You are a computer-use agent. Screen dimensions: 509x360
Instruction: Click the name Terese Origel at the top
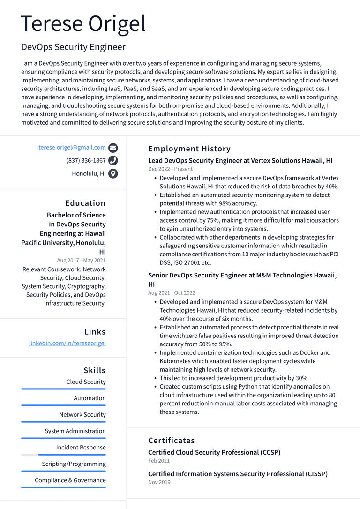click(x=83, y=23)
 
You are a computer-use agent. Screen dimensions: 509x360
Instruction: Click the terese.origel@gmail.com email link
click(x=72, y=147)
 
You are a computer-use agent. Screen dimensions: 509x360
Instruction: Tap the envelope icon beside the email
click(x=113, y=148)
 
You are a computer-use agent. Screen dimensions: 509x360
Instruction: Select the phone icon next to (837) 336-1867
click(x=113, y=161)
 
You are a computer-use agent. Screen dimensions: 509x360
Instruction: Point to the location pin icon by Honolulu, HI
click(x=113, y=174)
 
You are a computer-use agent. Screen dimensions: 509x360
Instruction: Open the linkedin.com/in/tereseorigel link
click(x=67, y=343)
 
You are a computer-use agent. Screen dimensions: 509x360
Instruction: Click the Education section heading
click(x=85, y=203)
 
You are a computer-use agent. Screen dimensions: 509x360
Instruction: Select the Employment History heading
click(x=189, y=149)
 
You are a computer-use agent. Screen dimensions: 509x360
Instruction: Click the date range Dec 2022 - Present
click(x=170, y=169)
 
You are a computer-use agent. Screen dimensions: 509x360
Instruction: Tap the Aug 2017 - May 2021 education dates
click(x=81, y=260)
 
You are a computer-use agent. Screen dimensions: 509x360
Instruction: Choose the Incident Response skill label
click(x=81, y=448)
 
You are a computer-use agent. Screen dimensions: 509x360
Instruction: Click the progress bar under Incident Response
click(x=63, y=455)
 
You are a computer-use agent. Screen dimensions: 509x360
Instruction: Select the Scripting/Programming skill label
click(x=74, y=464)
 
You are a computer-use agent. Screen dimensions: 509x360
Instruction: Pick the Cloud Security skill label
click(x=86, y=382)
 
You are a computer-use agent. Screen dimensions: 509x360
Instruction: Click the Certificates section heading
click(x=172, y=441)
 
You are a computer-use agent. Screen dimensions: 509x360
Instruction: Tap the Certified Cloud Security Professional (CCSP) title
click(x=214, y=452)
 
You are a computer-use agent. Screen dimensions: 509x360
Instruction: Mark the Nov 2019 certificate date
click(x=159, y=482)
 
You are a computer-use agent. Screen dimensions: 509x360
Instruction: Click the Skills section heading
click(x=95, y=370)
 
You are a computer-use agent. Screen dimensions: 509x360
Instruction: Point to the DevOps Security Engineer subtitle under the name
click(x=73, y=47)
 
